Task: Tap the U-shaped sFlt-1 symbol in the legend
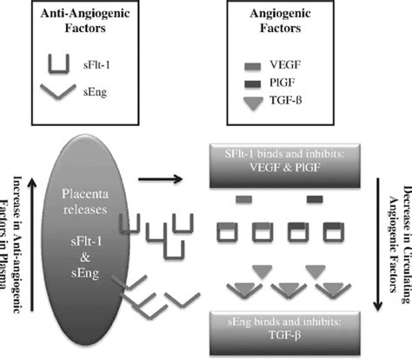(58, 63)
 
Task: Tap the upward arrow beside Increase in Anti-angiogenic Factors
(31, 252)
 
